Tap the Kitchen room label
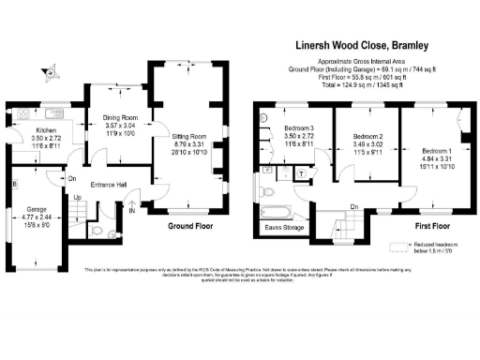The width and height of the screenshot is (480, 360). coord(47,130)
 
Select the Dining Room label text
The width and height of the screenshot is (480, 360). coord(119,117)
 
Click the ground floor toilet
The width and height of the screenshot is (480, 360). coord(112,234)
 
